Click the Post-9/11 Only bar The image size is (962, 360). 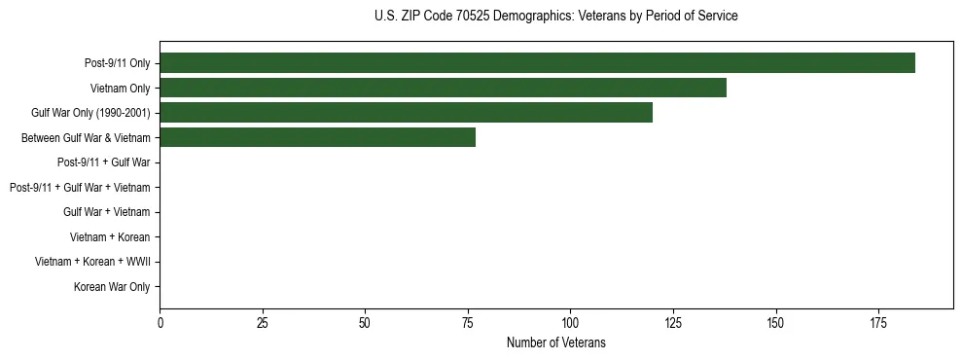537,63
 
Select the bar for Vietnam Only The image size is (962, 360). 443,88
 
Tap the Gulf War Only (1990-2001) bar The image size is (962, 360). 406,113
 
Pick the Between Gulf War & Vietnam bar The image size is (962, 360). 317,138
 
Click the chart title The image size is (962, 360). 555,17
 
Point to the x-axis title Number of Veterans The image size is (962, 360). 555,342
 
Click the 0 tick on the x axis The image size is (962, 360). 160,322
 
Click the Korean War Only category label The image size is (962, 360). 112,287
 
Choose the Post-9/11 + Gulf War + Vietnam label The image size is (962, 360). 80,188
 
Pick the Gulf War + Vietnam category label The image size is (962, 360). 107,212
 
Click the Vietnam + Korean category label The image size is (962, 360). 110,237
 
